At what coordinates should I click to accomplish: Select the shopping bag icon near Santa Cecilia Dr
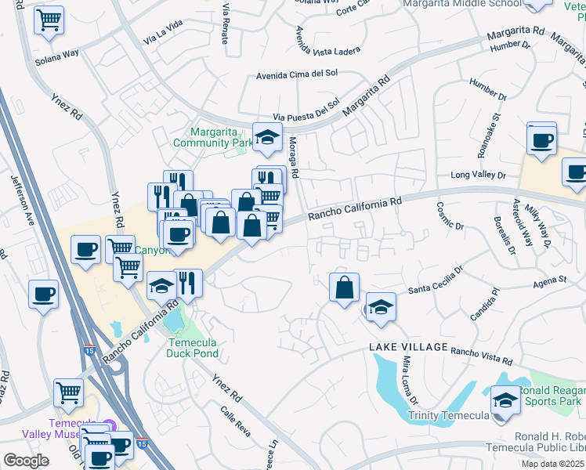tap(345, 287)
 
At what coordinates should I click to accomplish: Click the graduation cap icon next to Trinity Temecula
tap(505, 400)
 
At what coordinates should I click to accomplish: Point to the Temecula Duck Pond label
tap(193, 348)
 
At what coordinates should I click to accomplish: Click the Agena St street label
tap(551, 280)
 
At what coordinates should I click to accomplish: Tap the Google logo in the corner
tap(26, 461)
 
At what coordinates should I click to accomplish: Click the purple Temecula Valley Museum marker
tap(109, 425)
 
